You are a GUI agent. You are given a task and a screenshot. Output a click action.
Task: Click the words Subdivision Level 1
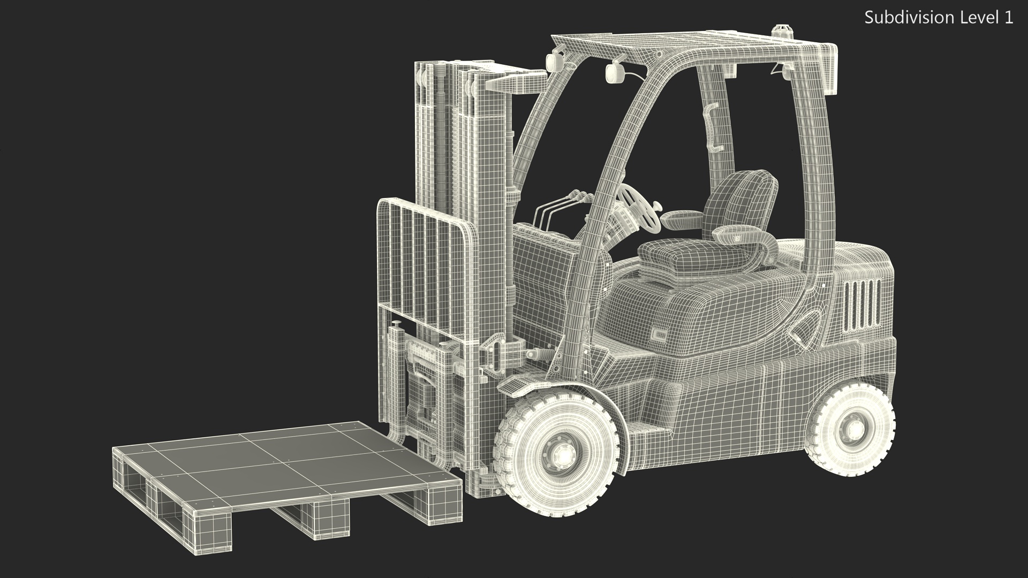(x=939, y=18)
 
